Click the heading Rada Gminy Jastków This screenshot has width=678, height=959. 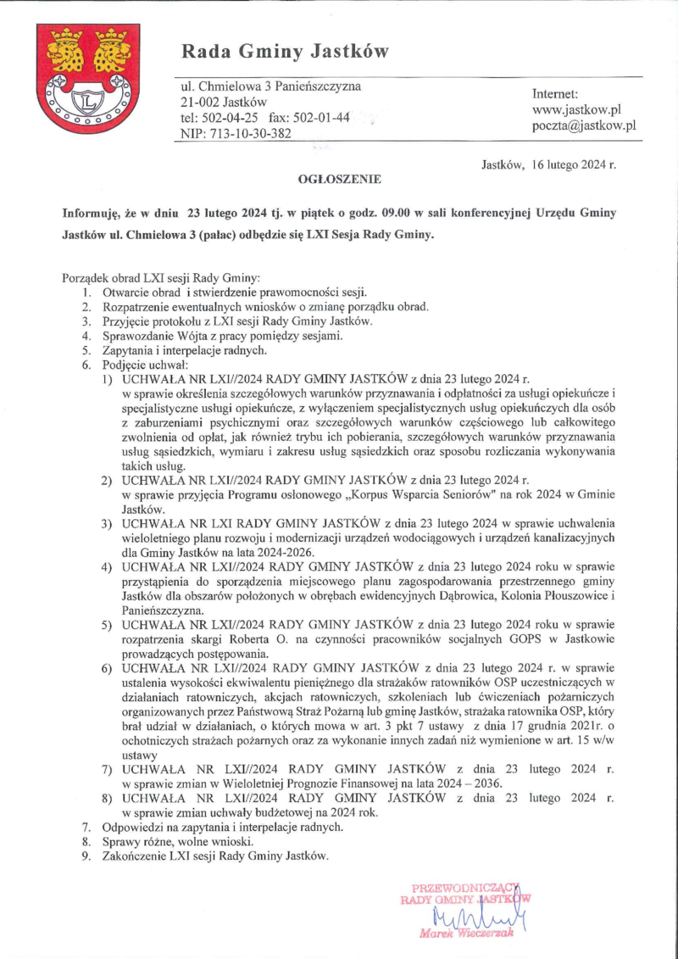click(x=285, y=53)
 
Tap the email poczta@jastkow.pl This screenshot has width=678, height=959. click(x=584, y=125)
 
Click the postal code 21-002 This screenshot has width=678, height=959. click(x=201, y=102)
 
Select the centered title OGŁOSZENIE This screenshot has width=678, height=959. click(x=339, y=179)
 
